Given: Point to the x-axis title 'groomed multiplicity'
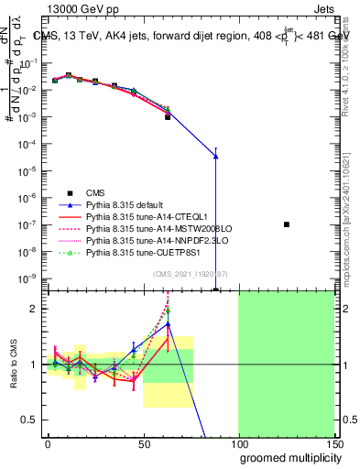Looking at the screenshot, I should coord(287,457).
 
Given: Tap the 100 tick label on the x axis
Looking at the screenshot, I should coord(238,442).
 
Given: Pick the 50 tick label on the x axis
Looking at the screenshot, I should coord(143,442).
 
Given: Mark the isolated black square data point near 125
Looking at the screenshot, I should coord(287,224).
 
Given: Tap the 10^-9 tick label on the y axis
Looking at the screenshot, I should coord(29,278).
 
